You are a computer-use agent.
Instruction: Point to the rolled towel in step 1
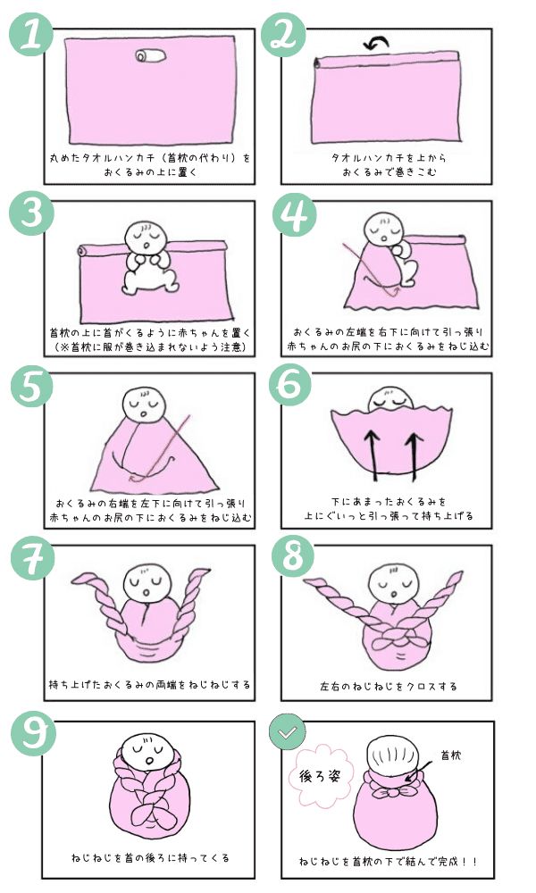click(151, 57)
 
